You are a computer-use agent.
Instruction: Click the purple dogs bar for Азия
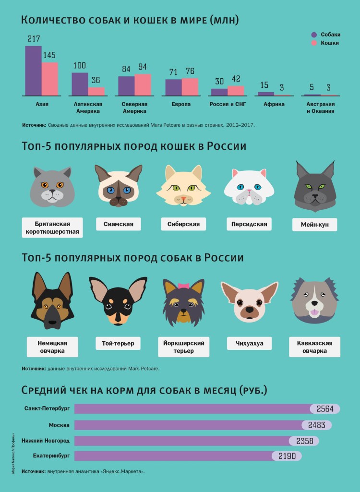tap(33, 71)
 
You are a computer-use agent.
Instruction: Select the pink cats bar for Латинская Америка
tap(96, 91)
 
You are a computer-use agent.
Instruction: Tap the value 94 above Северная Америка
tap(143, 67)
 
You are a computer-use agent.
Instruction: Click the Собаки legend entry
tap(326, 35)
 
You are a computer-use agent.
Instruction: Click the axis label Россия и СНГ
tap(228, 104)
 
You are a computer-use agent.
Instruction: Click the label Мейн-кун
tap(314, 225)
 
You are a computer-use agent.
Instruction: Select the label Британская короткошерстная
tap(52, 228)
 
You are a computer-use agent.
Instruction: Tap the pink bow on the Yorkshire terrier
tap(183, 286)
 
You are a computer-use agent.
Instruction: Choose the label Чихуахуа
tap(249, 343)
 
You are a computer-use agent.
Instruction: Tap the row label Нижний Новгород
tap(46, 440)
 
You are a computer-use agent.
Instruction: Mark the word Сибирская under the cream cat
tap(183, 224)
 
